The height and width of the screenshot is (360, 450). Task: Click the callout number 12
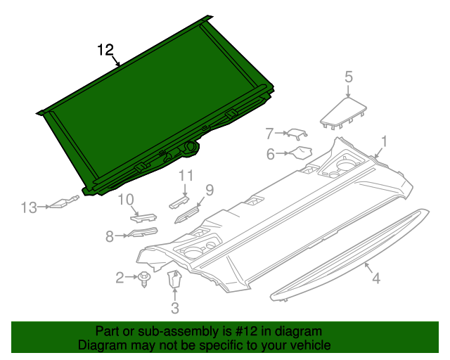pos(105,50)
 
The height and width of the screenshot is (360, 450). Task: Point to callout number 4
pos(375,278)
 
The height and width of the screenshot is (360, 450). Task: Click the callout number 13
pos(28,207)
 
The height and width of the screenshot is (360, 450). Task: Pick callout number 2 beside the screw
pos(120,278)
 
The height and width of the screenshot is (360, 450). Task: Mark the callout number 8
pos(110,237)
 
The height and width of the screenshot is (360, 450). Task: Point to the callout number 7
pos(269,132)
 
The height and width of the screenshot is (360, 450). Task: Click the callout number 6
pos(271,153)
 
